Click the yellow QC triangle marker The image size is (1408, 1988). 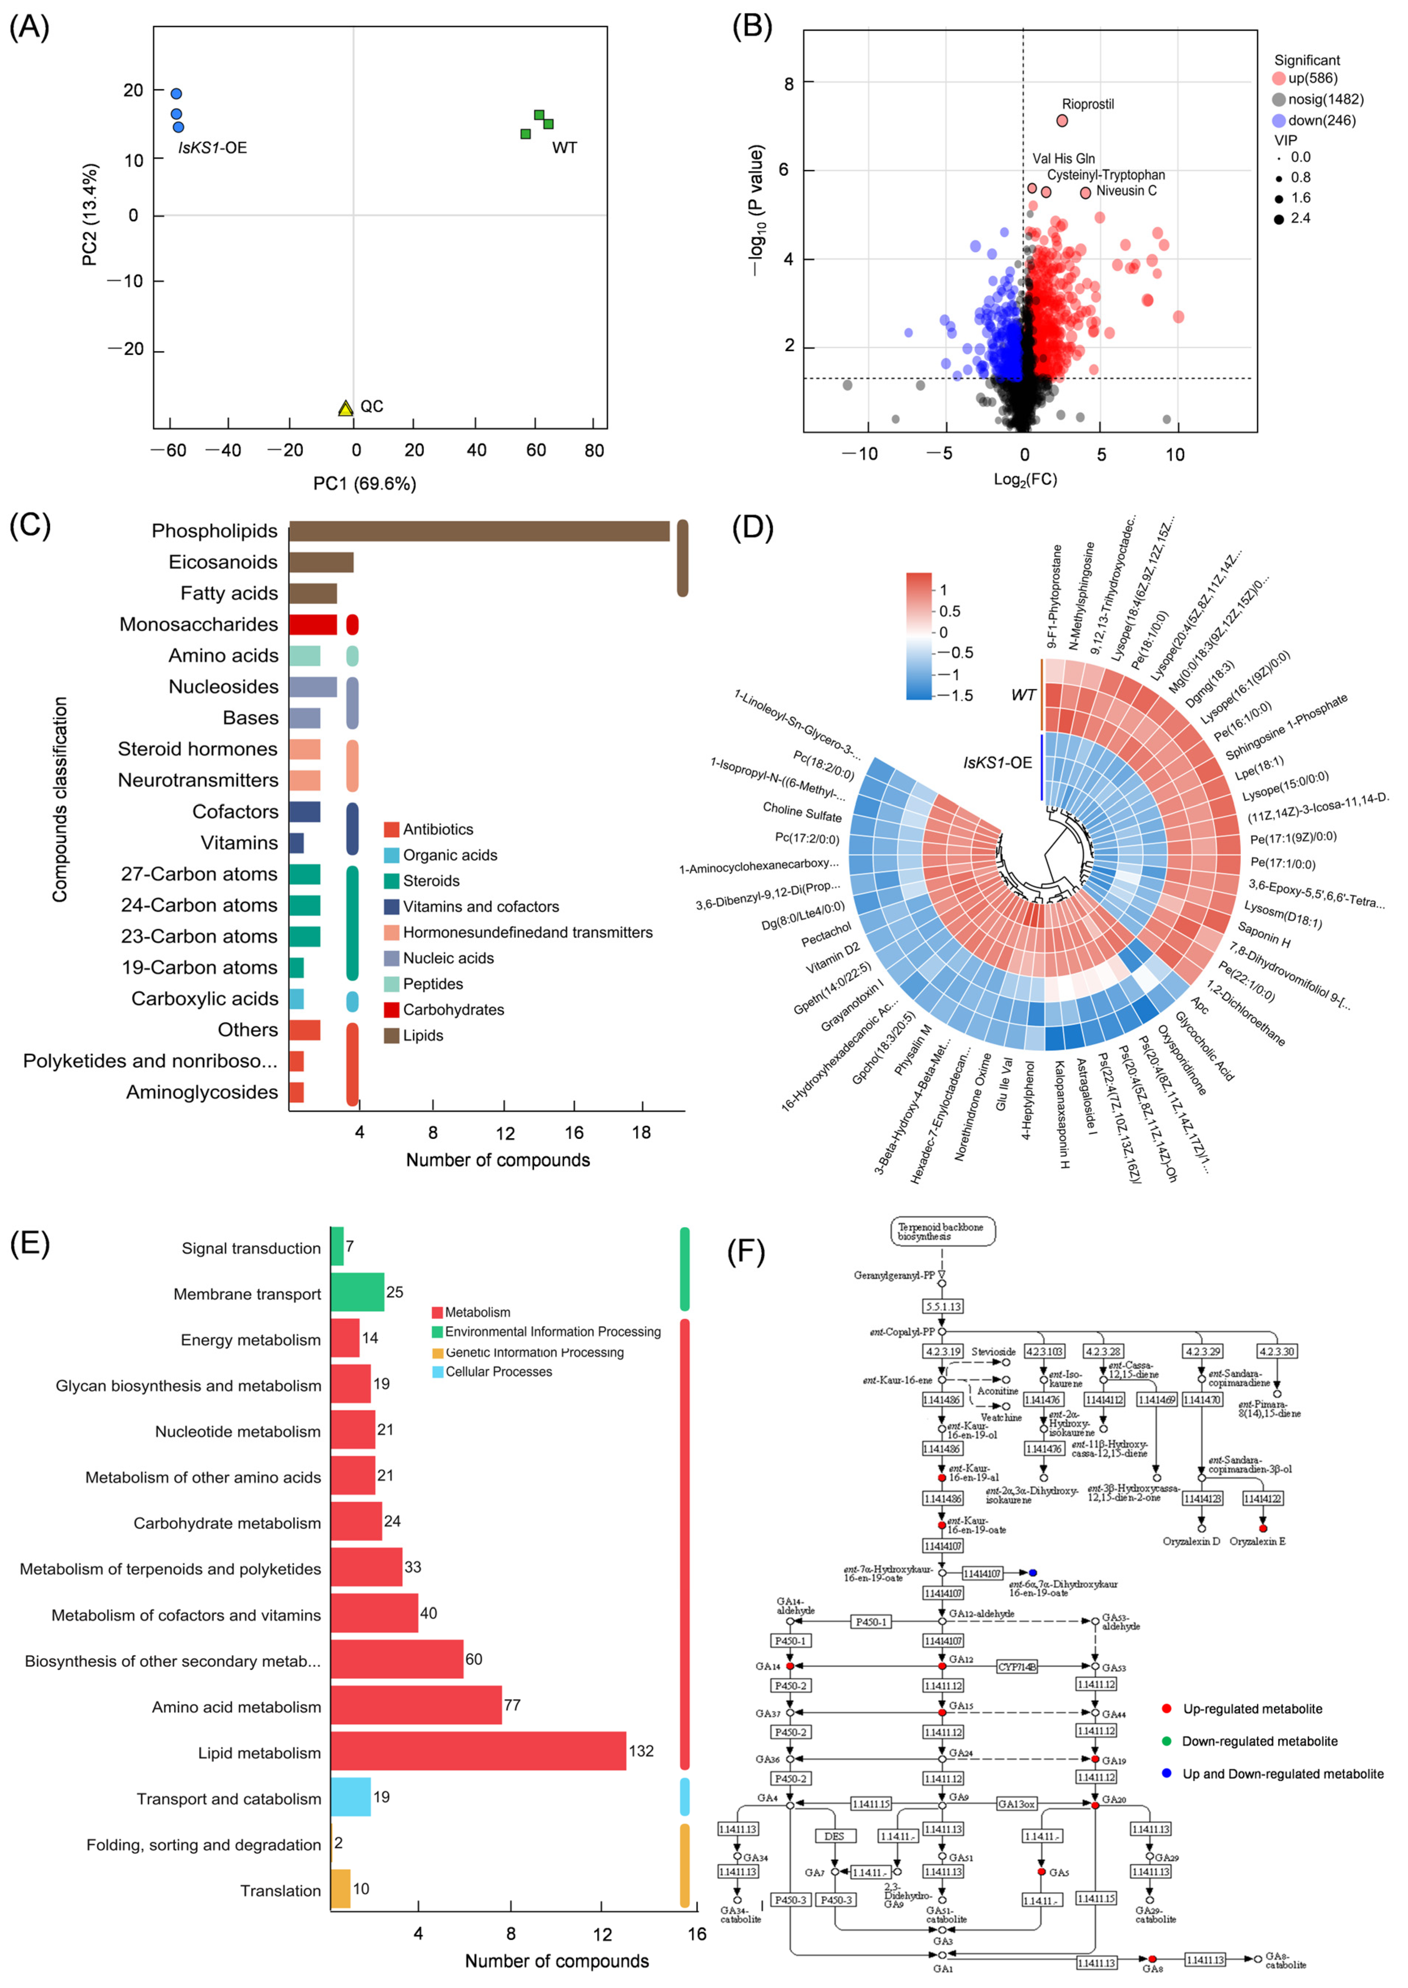click(x=345, y=408)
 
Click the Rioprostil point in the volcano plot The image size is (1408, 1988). click(x=1062, y=121)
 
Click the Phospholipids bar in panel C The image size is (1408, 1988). click(x=479, y=531)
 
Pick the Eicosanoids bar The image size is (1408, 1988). click(x=321, y=562)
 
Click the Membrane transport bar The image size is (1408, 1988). click(x=357, y=1293)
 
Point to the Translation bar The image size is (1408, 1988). click(x=340, y=1888)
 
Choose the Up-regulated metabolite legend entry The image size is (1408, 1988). click(x=1252, y=1709)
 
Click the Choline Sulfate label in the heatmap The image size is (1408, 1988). click(x=802, y=812)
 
